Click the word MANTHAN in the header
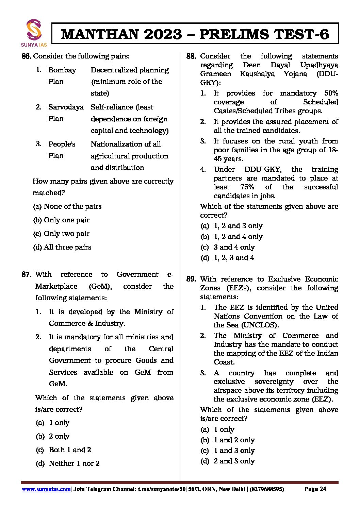click(101, 34)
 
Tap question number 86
click(27, 56)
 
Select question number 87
click(27, 274)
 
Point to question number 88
click(191, 56)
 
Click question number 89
click(191, 279)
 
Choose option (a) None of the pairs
click(67, 206)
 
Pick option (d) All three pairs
click(62, 247)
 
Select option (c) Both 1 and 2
click(63, 450)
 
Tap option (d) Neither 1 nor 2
click(67, 463)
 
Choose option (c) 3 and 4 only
click(228, 247)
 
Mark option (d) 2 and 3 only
click(228, 461)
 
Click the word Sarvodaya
click(66, 107)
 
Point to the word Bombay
click(62, 70)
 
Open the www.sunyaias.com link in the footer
click(46, 489)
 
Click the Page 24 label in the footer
click(315, 489)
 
